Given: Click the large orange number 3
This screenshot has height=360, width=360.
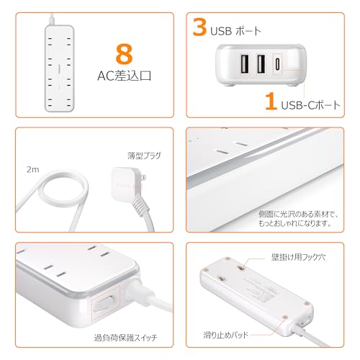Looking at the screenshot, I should tap(199, 29).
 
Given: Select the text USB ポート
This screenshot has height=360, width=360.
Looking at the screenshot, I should tap(235, 31).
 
